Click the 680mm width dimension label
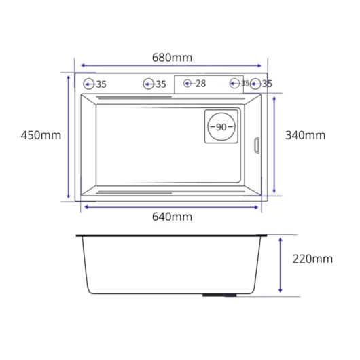173,58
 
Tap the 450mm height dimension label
41,135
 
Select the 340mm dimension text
306,135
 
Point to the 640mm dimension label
173,217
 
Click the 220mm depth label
312,259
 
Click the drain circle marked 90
221,113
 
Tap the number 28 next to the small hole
200,84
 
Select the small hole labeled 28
187,79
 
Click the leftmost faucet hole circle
88,79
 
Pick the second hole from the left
149,79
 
